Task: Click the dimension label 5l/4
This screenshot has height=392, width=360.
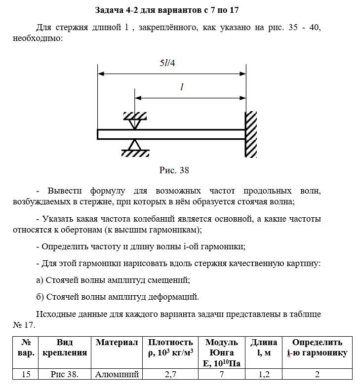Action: [x=167, y=64]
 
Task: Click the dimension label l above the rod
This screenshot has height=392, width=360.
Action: [x=182, y=87]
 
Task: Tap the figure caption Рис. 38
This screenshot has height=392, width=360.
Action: [x=174, y=170]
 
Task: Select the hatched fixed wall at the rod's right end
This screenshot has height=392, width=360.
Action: [x=251, y=134]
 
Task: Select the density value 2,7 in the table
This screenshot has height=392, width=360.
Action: [x=170, y=374]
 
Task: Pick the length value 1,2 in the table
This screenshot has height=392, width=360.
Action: [x=264, y=374]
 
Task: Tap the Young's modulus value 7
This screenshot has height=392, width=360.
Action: [x=222, y=374]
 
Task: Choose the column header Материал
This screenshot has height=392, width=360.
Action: [x=117, y=342]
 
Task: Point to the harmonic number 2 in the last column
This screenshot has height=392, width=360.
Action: [x=317, y=374]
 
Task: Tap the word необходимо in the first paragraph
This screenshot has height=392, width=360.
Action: [x=39, y=38]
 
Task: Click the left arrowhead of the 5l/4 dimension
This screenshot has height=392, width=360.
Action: [x=100, y=74]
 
